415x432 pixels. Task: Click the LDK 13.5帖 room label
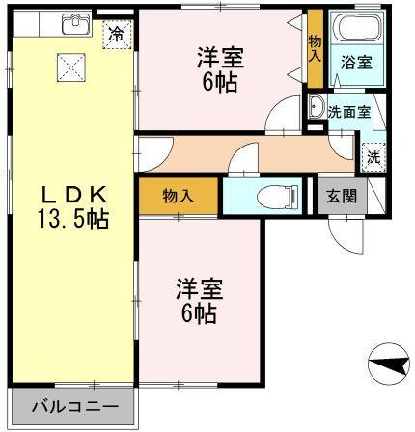point(73,207)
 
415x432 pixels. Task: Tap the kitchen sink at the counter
point(76,23)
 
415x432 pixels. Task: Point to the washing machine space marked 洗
point(373,157)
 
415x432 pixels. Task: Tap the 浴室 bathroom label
point(356,63)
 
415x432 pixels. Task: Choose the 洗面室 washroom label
point(349,112)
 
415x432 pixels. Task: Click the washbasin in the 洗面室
point(317,107)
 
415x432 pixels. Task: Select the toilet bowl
point(279,196)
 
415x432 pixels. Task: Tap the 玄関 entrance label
point(342,196)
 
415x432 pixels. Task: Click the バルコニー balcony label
point(75,407)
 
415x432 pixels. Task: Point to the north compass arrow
point(389,364)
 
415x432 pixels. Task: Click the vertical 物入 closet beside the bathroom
point(315,48)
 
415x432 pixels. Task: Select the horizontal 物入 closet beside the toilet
point(179,196)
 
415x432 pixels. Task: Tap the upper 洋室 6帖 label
point(220,69)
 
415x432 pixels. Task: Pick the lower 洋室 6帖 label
point(199,301)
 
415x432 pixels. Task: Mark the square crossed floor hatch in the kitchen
point(71,67)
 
